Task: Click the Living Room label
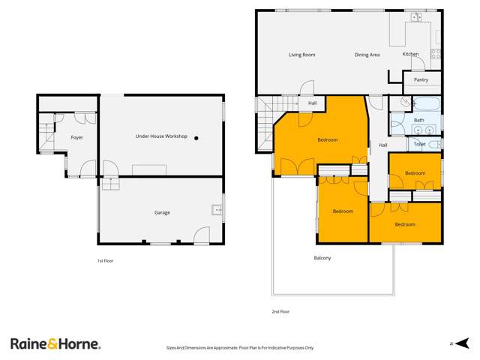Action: point(301,55)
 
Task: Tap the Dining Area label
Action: point(367,55)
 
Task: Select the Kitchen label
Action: point(410,55)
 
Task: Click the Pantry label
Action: point(421,79)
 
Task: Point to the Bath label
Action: point(418,120)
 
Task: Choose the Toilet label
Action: point(420,143)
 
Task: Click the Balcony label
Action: point(322,258)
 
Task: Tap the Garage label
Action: point(162,212)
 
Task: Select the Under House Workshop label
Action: point(160,136)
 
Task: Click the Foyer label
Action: point(76,138)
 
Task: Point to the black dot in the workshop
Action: point(196,138)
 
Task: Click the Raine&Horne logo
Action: point(55,343)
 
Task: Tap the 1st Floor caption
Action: point(104,260)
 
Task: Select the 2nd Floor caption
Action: point(280,311)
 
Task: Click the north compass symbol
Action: point(452,344)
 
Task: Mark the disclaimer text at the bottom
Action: point(239,348)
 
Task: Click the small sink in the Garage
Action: point(217,209)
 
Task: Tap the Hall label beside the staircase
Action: point(313,103)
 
